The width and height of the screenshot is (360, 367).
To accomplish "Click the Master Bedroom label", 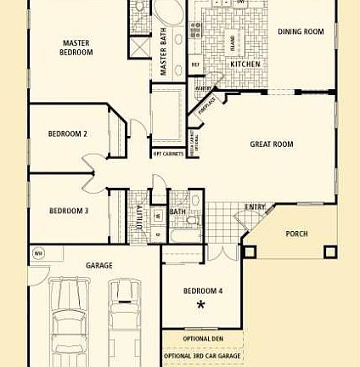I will point(76,48).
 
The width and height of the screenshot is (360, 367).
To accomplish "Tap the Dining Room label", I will point(301,32).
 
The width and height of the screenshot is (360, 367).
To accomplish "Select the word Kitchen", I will point(245,64).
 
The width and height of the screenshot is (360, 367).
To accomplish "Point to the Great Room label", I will point(272,144).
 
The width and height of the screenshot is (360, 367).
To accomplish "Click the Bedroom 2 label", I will point(67,133).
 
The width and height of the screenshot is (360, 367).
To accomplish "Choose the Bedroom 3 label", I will point(69,211).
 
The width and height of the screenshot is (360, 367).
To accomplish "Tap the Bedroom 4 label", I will point(203,291).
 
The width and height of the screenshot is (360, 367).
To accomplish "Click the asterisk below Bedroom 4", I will point(201,305).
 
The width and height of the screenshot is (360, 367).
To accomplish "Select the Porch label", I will point(296,234).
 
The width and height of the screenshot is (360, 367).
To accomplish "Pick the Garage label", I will point(99,266).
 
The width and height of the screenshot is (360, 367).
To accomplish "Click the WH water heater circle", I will point(38,253).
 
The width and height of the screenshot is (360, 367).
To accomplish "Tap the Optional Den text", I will point(203,339).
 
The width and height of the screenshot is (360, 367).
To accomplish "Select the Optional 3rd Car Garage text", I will point(202,356).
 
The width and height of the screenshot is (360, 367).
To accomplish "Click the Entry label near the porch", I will point(256,207).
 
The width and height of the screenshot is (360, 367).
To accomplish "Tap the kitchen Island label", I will point(232,39).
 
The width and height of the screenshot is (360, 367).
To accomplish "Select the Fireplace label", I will point(206,104).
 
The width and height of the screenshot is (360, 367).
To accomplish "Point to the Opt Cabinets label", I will point(167,154).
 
